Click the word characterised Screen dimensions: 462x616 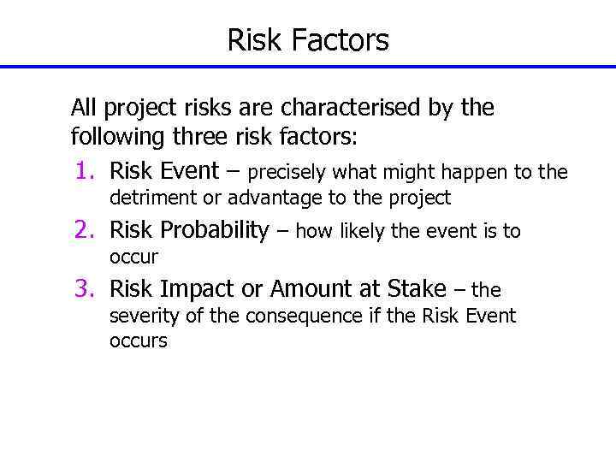pyautogui.click(x=358, y=109)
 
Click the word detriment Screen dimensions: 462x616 pyautogui.click(x=149, y=198)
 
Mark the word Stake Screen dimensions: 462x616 pyautogui.click(x=416, y=289)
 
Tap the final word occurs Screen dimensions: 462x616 pyautogui.click(x=139, y=341)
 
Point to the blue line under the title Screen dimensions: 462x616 pyautogui.click(x=308, y=67)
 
